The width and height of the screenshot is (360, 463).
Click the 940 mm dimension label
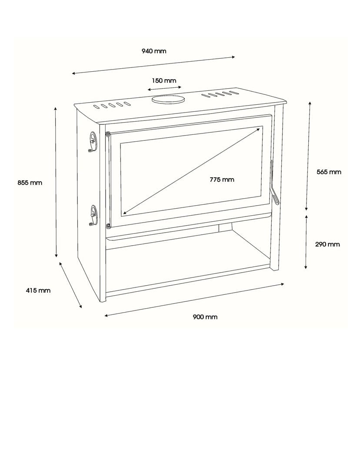154,51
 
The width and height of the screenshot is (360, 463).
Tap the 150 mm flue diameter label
164,80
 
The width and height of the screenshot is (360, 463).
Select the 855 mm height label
30,183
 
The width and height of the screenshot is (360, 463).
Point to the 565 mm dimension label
329,172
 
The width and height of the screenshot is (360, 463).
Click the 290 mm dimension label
327,244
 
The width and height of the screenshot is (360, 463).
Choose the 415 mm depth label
38,290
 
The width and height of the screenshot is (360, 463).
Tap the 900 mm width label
205,317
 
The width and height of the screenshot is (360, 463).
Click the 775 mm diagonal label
222,179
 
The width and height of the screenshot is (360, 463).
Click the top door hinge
107,134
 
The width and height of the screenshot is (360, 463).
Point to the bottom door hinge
108,227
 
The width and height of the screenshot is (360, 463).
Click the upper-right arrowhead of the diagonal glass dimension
260,128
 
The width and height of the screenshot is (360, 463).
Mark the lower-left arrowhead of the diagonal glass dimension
125,212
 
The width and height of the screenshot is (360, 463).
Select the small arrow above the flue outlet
164,88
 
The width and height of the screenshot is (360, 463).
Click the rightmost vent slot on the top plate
234,93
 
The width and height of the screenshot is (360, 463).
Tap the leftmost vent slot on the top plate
96,107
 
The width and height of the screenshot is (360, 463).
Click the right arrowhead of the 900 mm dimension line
282,284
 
